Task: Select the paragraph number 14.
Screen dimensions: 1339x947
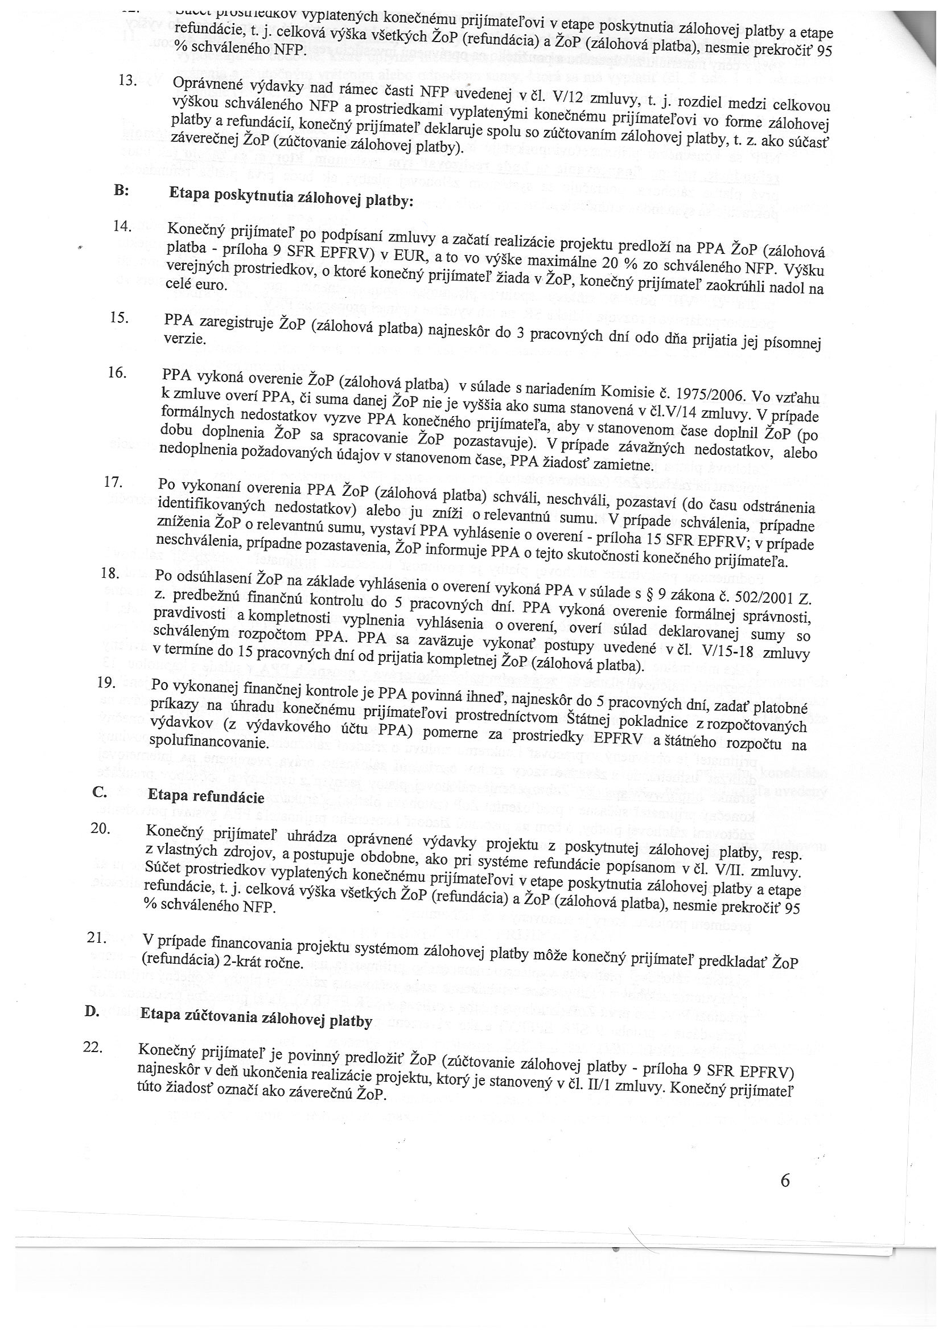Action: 123,226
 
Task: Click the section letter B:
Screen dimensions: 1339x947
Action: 121,191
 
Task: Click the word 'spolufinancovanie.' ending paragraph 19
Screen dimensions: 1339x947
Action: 208,742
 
